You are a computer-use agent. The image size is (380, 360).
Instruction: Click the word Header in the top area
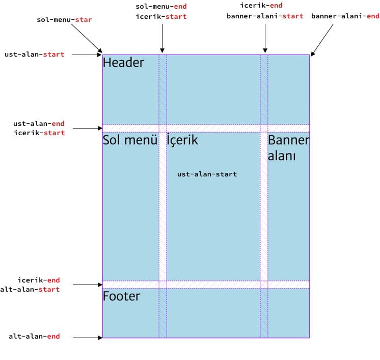(x=123, y=63)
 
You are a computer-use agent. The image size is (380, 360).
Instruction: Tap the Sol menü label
(x=130, y=140)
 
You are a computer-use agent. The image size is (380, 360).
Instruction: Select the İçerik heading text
(x=182, y=140)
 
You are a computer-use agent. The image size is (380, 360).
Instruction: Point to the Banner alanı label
(x=288, y=148)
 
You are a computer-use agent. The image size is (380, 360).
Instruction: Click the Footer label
(x=121, y=296)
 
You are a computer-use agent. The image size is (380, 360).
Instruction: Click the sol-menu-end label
(x=161, y=7)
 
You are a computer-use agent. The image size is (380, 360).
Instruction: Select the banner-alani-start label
(x=265, y=16)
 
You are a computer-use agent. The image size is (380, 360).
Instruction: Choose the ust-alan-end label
(x=39, y=124)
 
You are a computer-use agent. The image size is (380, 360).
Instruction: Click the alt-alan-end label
(x=34, y=337)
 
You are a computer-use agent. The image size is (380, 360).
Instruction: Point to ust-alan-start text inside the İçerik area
(x=207, y=174)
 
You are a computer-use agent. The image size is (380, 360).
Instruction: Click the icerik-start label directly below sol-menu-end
(x=161, y=17)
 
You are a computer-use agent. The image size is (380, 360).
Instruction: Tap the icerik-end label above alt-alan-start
(x=39, y=280)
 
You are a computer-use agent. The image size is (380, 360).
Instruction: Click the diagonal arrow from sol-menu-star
(x=87, y=39)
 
